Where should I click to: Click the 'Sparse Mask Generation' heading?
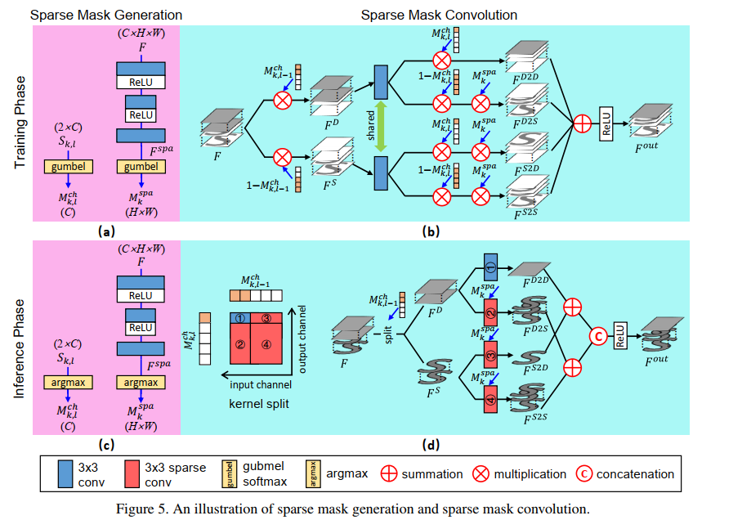pyautogui.click(x=106, y=15)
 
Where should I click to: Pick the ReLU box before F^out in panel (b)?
pyautogui.click(x=607, y=123)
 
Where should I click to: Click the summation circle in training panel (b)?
pyautogui.click(x=582, y=123)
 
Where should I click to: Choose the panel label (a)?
pyautogui.click(x=105, y=231)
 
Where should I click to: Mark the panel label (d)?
pyautogui.click(x=431, y=446)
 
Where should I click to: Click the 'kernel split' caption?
pyautogui.click(x=261, y=404)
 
